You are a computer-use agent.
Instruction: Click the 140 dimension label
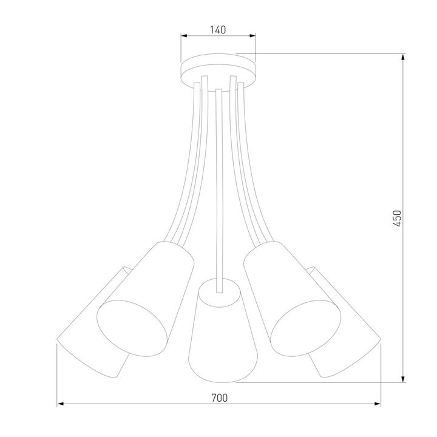pos(218,29)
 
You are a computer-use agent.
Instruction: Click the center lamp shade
pos(218,334)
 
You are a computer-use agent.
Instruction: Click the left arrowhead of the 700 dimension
pos(61,404)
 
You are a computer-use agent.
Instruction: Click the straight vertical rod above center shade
pos(218,182)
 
